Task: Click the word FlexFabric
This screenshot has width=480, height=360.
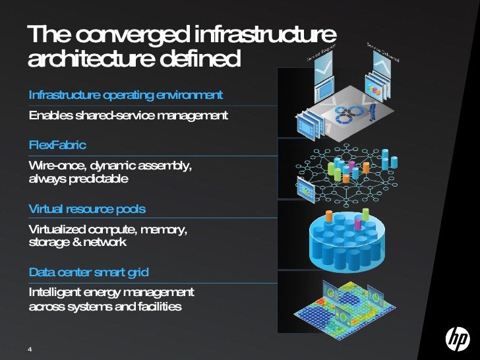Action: point(57,144)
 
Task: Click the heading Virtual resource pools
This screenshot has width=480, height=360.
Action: point(87,209)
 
